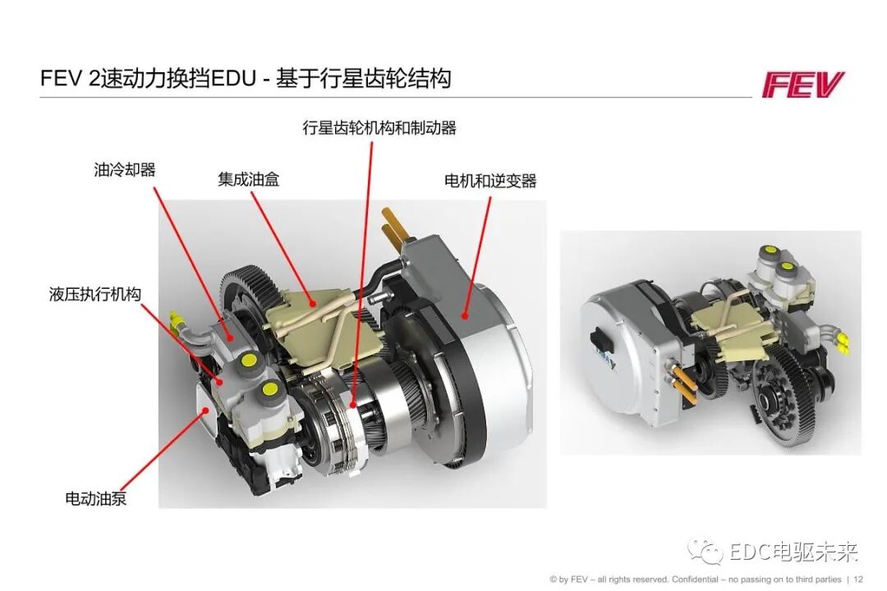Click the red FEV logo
pos(802,85)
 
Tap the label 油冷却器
pos(125,170)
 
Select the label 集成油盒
pos(248,179)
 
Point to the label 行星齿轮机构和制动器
pos(379,128)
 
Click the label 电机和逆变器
pos(489,181)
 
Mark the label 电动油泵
pos(96,497)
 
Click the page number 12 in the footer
pos(859,579)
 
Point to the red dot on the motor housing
pos(466,314)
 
